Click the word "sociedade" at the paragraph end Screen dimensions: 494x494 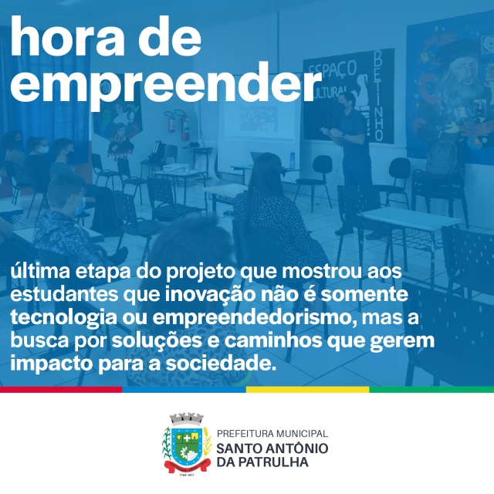(218, 364)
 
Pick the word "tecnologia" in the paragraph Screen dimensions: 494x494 (63, 317)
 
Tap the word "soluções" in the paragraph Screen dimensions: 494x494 (157, 340)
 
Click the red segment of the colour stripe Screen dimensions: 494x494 (61, 389)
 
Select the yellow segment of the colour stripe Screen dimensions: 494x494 (307, 389)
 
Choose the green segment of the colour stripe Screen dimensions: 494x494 (431, 389)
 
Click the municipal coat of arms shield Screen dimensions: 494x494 (187, 445)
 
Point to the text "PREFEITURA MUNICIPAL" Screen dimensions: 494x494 (272, 434)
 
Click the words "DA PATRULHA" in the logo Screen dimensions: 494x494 (262, 462)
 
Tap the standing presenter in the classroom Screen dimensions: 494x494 (352, 161)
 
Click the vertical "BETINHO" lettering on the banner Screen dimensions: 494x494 (378, 96)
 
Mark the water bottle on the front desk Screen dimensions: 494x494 (293, 161)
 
